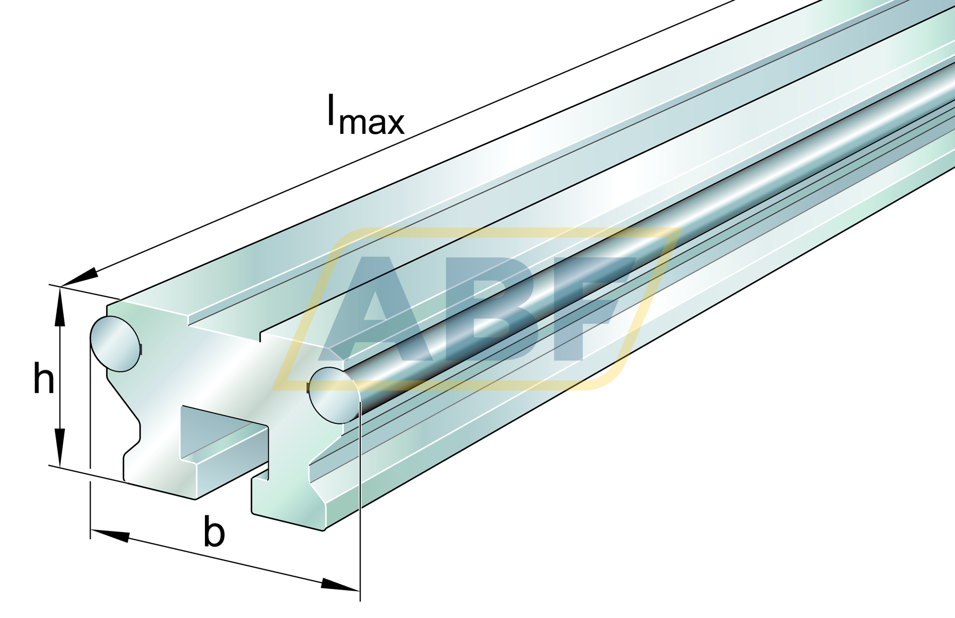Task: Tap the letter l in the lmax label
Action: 331,110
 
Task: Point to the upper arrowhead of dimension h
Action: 60,306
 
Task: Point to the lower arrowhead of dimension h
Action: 60,447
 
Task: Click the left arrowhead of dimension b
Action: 110,535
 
